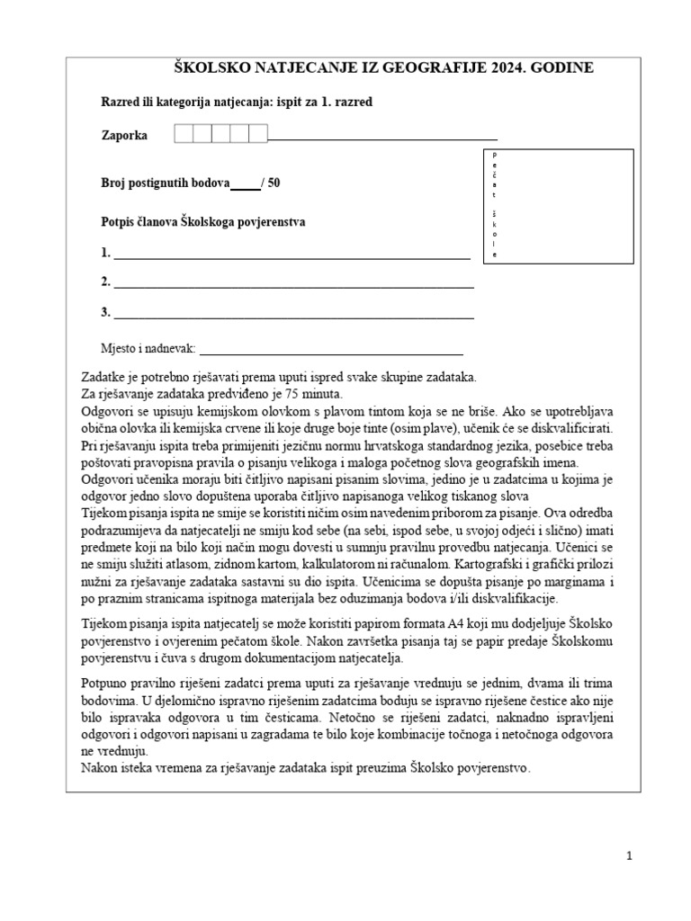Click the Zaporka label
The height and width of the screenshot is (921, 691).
tap(124, 136)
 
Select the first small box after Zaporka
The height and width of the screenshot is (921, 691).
tap(183, 134)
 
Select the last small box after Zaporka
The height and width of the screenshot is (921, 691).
tap(258, 134)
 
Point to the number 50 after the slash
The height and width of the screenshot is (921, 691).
tap(274, 183)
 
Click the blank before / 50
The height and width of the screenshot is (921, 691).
tap(245, 183)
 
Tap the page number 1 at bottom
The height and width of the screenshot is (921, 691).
tap(630, 857)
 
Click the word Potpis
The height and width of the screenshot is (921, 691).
tap(120, 221)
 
